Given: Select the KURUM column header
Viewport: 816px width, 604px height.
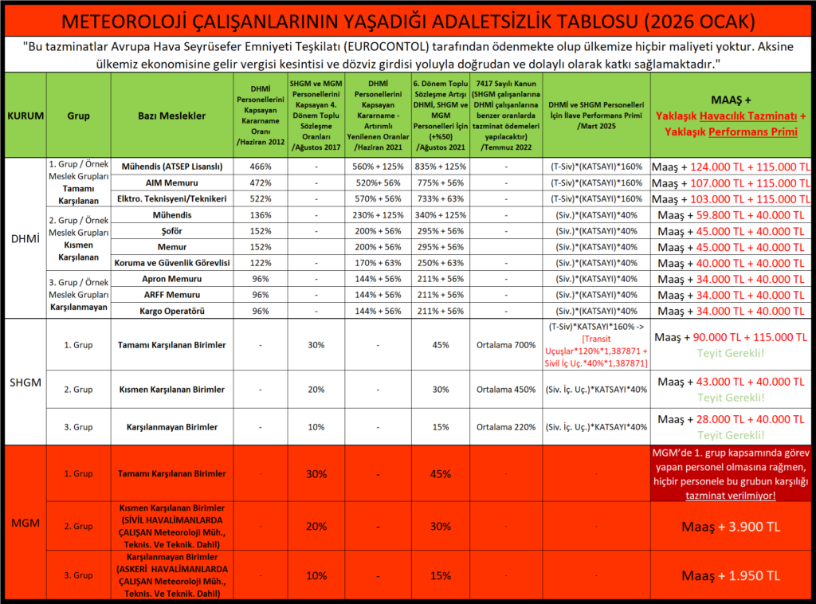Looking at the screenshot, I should click(x=25, y=116).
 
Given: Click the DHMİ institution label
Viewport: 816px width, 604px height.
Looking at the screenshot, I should click(x=25, y=238).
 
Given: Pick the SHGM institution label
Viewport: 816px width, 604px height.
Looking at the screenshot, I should click(x=25, y=382).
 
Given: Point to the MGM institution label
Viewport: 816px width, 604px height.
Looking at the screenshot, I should click(x=25, y=525).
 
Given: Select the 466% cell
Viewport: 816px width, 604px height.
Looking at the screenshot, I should click(x=261, y=167).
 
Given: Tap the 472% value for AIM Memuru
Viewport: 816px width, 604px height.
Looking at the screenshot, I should click(x=261, y=182).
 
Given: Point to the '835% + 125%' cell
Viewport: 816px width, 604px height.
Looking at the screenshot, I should click(x=439, y=167).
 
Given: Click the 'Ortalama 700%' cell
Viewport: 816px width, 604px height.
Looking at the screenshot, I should click(x=503, y=345).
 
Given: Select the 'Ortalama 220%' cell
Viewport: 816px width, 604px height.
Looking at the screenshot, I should click(x=503, y=427).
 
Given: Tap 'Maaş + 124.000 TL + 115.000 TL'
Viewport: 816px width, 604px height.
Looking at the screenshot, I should click(x=732, y=167).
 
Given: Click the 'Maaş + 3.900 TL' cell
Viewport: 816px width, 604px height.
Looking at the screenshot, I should click(x=731, y=527).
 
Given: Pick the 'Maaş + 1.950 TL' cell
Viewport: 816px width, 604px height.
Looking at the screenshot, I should click(x=731, y=575).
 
